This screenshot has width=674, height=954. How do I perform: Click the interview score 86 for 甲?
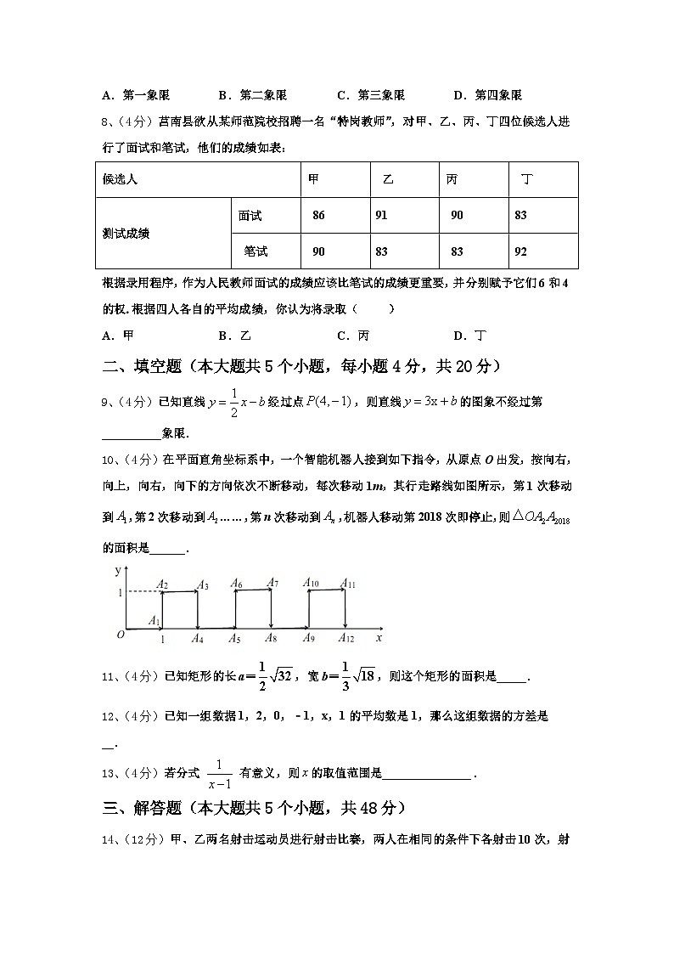pyautogui.click(x=318, y=216)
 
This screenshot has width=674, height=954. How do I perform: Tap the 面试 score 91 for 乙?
pyautogui.click(x=381, y=216)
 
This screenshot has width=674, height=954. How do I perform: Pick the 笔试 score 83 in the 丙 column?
pyautogui.click(x=457, y=251)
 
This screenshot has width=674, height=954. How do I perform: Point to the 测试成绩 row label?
pyautogui.click(x=126, y=234)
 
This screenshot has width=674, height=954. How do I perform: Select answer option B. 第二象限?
pyautogui.click(x=252, y=95)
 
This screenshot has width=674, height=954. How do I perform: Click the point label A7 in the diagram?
pyautogui.click(x=272, y=583)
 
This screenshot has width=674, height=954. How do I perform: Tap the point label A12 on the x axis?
pyautogui.click(x=345, y=639)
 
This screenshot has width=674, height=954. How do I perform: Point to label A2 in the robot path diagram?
pyautogui.click(x=162, y=584)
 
